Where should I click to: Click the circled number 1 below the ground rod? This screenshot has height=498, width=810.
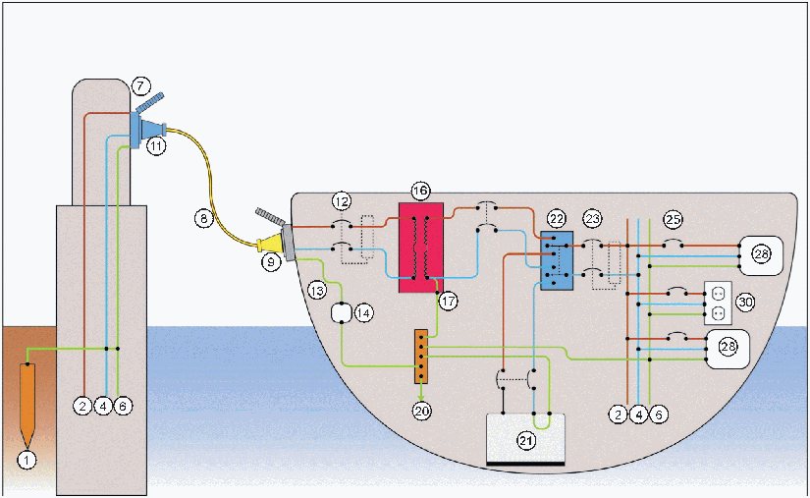(x=27, y=458)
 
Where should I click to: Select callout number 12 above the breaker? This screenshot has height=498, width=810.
(x=341, y=201)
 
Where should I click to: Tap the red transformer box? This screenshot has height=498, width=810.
(x=420, y=248)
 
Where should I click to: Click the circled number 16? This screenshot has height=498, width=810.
(x=420, y=190)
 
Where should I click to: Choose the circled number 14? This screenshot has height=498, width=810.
(x=363, y=313)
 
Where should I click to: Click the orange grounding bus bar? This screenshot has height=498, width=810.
(x=420, y=355)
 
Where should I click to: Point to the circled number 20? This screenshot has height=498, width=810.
(x=421, y=412)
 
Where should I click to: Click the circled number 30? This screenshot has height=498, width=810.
(x=745, y=303)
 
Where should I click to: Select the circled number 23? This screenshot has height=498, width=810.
(x=592, y=219)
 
